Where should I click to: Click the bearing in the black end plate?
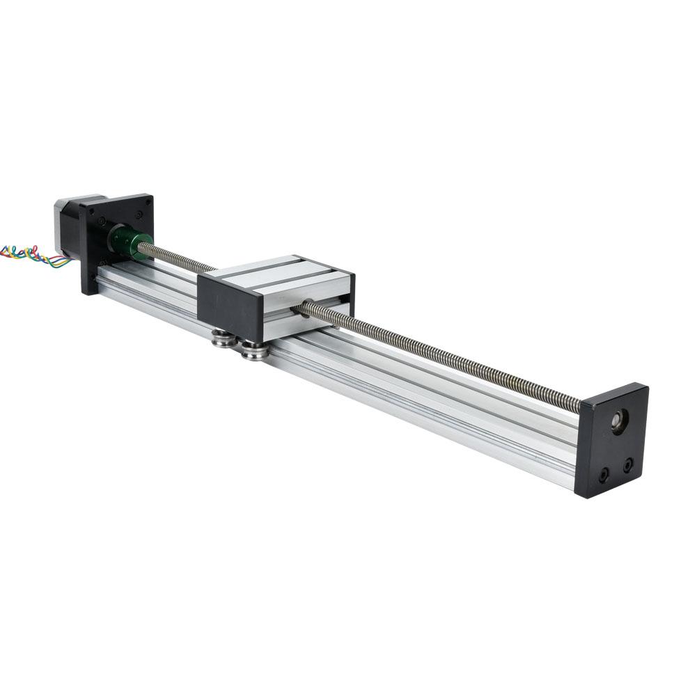618,420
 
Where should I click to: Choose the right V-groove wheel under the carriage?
253,350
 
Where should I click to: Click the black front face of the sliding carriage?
230,306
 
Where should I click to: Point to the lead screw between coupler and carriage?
178,258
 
